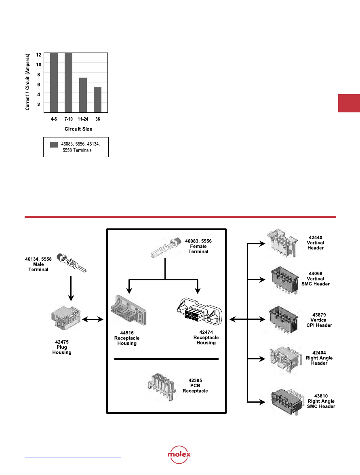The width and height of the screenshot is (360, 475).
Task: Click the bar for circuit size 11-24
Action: click(83, 95)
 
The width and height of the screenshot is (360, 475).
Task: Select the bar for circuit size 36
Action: click(97, 100)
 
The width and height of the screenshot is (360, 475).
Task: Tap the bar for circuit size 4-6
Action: click(54, 82)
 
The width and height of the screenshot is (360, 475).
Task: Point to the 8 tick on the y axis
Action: click(39, 74)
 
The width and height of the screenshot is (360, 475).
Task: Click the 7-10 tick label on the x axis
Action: click(68, 119)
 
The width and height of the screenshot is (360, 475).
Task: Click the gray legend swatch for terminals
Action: click(54, 144)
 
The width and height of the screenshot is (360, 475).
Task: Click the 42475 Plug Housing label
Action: click(62, 347)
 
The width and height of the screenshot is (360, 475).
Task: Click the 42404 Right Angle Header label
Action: click(319, 358)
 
